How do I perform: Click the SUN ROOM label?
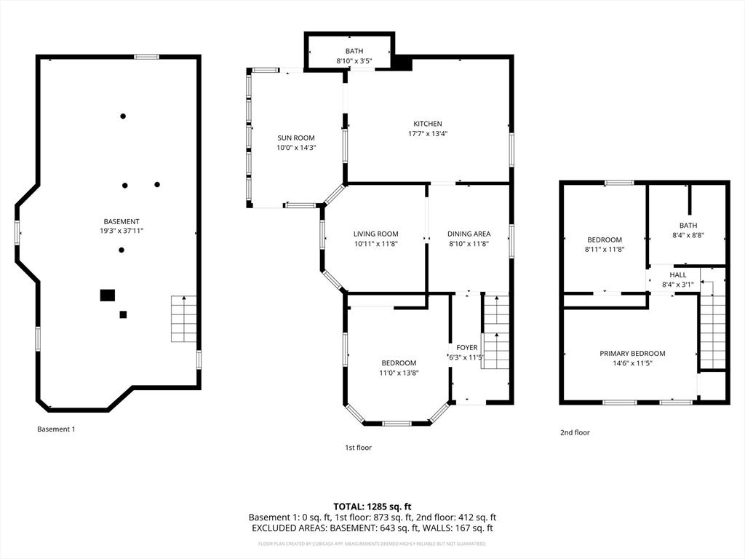296,138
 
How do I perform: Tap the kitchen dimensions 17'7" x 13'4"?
428,133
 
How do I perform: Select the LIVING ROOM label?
375,234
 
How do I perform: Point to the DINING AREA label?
469,234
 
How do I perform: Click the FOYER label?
467,347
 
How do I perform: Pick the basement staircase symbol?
184,319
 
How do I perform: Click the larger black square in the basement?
108,295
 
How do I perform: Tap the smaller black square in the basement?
123,314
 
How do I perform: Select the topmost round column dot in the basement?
123,116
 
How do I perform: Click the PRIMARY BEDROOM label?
632,353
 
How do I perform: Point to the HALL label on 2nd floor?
678,274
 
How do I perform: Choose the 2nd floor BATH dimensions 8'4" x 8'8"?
688,235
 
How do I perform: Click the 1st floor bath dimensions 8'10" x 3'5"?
354,61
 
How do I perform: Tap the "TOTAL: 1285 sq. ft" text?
372,506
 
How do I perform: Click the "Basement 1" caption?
56,429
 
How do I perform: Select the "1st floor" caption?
358,448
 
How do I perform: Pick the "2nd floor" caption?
575,432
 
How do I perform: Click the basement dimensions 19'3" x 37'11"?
121,231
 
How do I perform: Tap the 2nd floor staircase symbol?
712,331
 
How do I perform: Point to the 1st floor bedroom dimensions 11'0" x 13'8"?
399,373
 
